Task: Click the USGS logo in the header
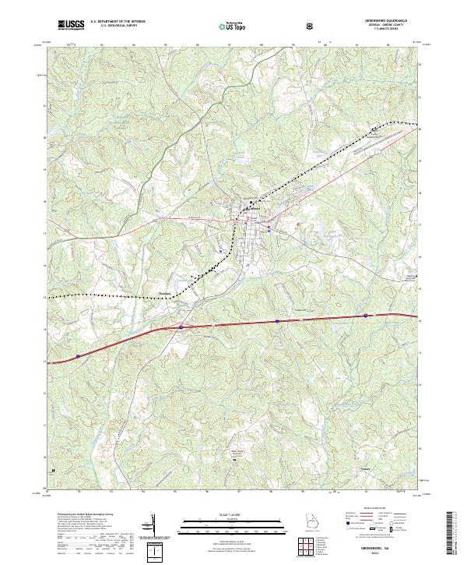coord(71,25)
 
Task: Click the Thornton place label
coord(164,294)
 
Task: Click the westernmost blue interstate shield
coord(79,355)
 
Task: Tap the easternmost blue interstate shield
coord(364,316)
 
